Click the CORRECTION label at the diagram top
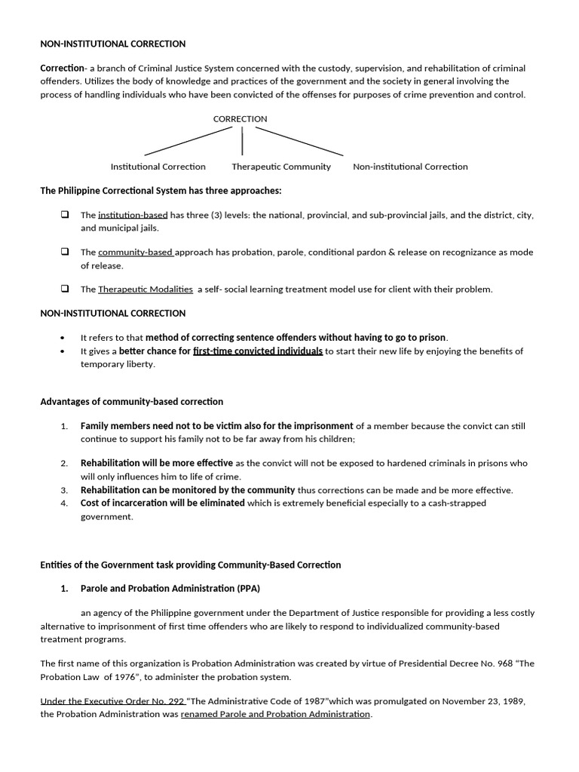click(x=240, y=119)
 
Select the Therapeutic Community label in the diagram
click(x=280, y=167)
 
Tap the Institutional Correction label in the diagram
click(x=158, y=167)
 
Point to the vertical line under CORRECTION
click(x=242, y=141)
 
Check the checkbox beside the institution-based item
click(x=65, y=215)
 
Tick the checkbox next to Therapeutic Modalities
click(x=65, y=289)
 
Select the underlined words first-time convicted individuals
click(x=258, y=351)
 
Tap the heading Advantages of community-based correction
click(x=131, y=402)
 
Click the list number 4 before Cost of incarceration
click(x=65, y=504)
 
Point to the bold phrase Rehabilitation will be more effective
click(x=157, y=463)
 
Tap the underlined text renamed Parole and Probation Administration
click(x=275, y=714)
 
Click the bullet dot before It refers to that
click(x=62, y=339)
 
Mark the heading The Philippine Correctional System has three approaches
click(x=161, y=191)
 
